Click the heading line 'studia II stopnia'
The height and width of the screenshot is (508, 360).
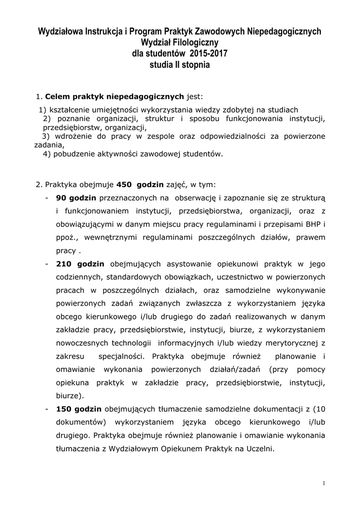coord(180,64)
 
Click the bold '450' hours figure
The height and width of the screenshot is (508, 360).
coord(123,185)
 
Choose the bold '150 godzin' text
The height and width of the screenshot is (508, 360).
coord(78,409)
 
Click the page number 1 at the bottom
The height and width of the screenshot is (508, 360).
coord(323,484)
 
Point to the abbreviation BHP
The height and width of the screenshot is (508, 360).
coord(312,224)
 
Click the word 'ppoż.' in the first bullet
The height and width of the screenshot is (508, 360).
coord(66,237)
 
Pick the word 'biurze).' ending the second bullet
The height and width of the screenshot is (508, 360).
coord(70,395)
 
